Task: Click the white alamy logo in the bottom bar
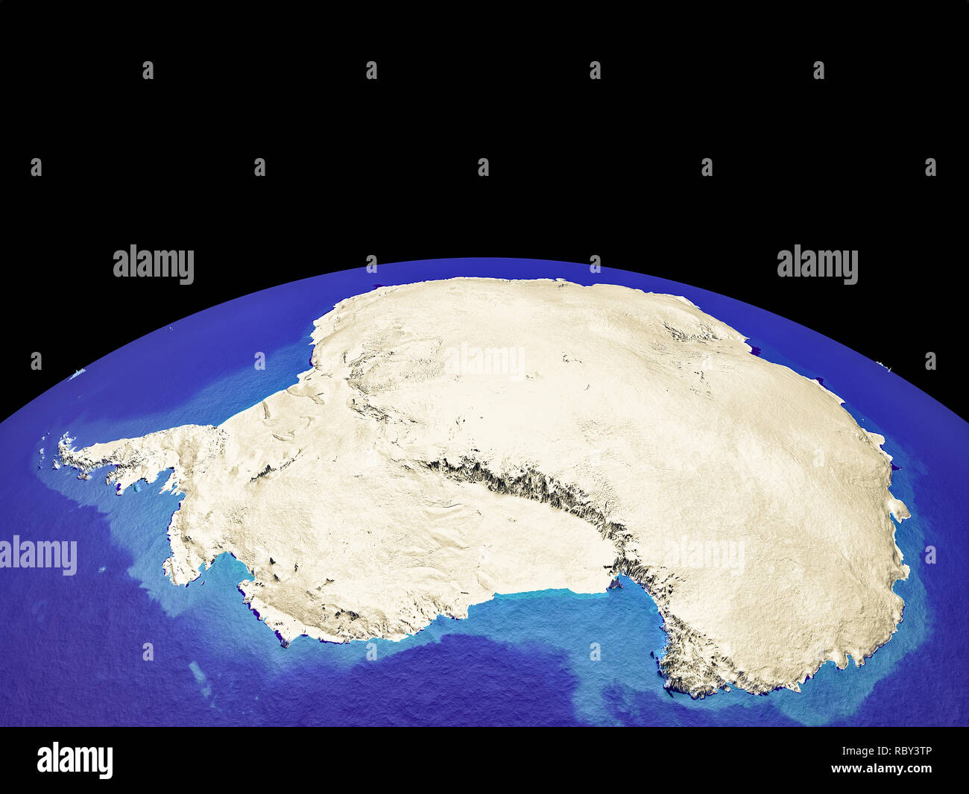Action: (x=75, y=760)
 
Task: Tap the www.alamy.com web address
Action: (x=881, y=769)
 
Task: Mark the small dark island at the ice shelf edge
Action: (x=616, y=583)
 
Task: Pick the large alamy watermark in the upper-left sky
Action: (x=153, y=265)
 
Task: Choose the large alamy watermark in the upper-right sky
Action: (x=817, y=265)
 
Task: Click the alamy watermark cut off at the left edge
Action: (x=37, y=555)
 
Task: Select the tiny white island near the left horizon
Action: (x=75, y=375)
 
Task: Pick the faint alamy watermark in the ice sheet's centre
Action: (x=484, y=360)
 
